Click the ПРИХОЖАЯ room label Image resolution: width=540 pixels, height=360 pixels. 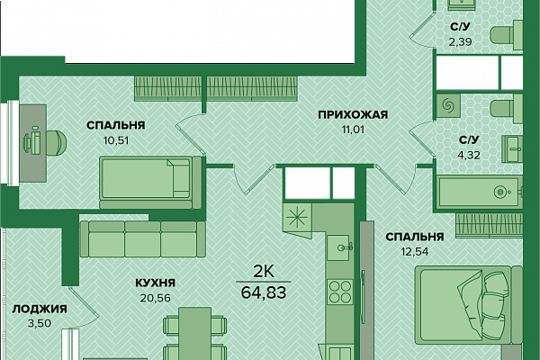click(353, 114)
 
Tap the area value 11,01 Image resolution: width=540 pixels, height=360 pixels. click(353, 130)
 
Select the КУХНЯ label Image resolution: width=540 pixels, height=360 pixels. click(156, 283)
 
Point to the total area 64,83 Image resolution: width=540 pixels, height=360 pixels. click(264, 292)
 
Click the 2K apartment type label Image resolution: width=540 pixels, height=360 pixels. click(264, 272)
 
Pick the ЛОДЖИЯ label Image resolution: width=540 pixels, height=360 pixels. click(40, 309)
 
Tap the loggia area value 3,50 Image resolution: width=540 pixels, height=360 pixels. click(40, 323)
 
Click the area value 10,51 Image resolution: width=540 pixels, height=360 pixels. click(116, 140)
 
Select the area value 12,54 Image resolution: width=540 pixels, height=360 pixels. click(415, 252)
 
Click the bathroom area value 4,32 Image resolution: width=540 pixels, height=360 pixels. click(469, 156)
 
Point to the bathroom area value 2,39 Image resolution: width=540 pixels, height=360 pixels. click(460, 42)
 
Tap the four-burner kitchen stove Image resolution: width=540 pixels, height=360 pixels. click(339, 292)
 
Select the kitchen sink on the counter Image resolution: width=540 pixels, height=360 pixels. click(339, 247)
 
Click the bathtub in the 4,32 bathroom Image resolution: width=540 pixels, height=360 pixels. click(480, 192)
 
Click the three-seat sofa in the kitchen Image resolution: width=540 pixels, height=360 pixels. click(142, 238)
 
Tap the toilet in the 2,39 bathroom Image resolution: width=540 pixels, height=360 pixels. click(506, 35)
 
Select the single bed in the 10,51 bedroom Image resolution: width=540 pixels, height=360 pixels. click(150, 182)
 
